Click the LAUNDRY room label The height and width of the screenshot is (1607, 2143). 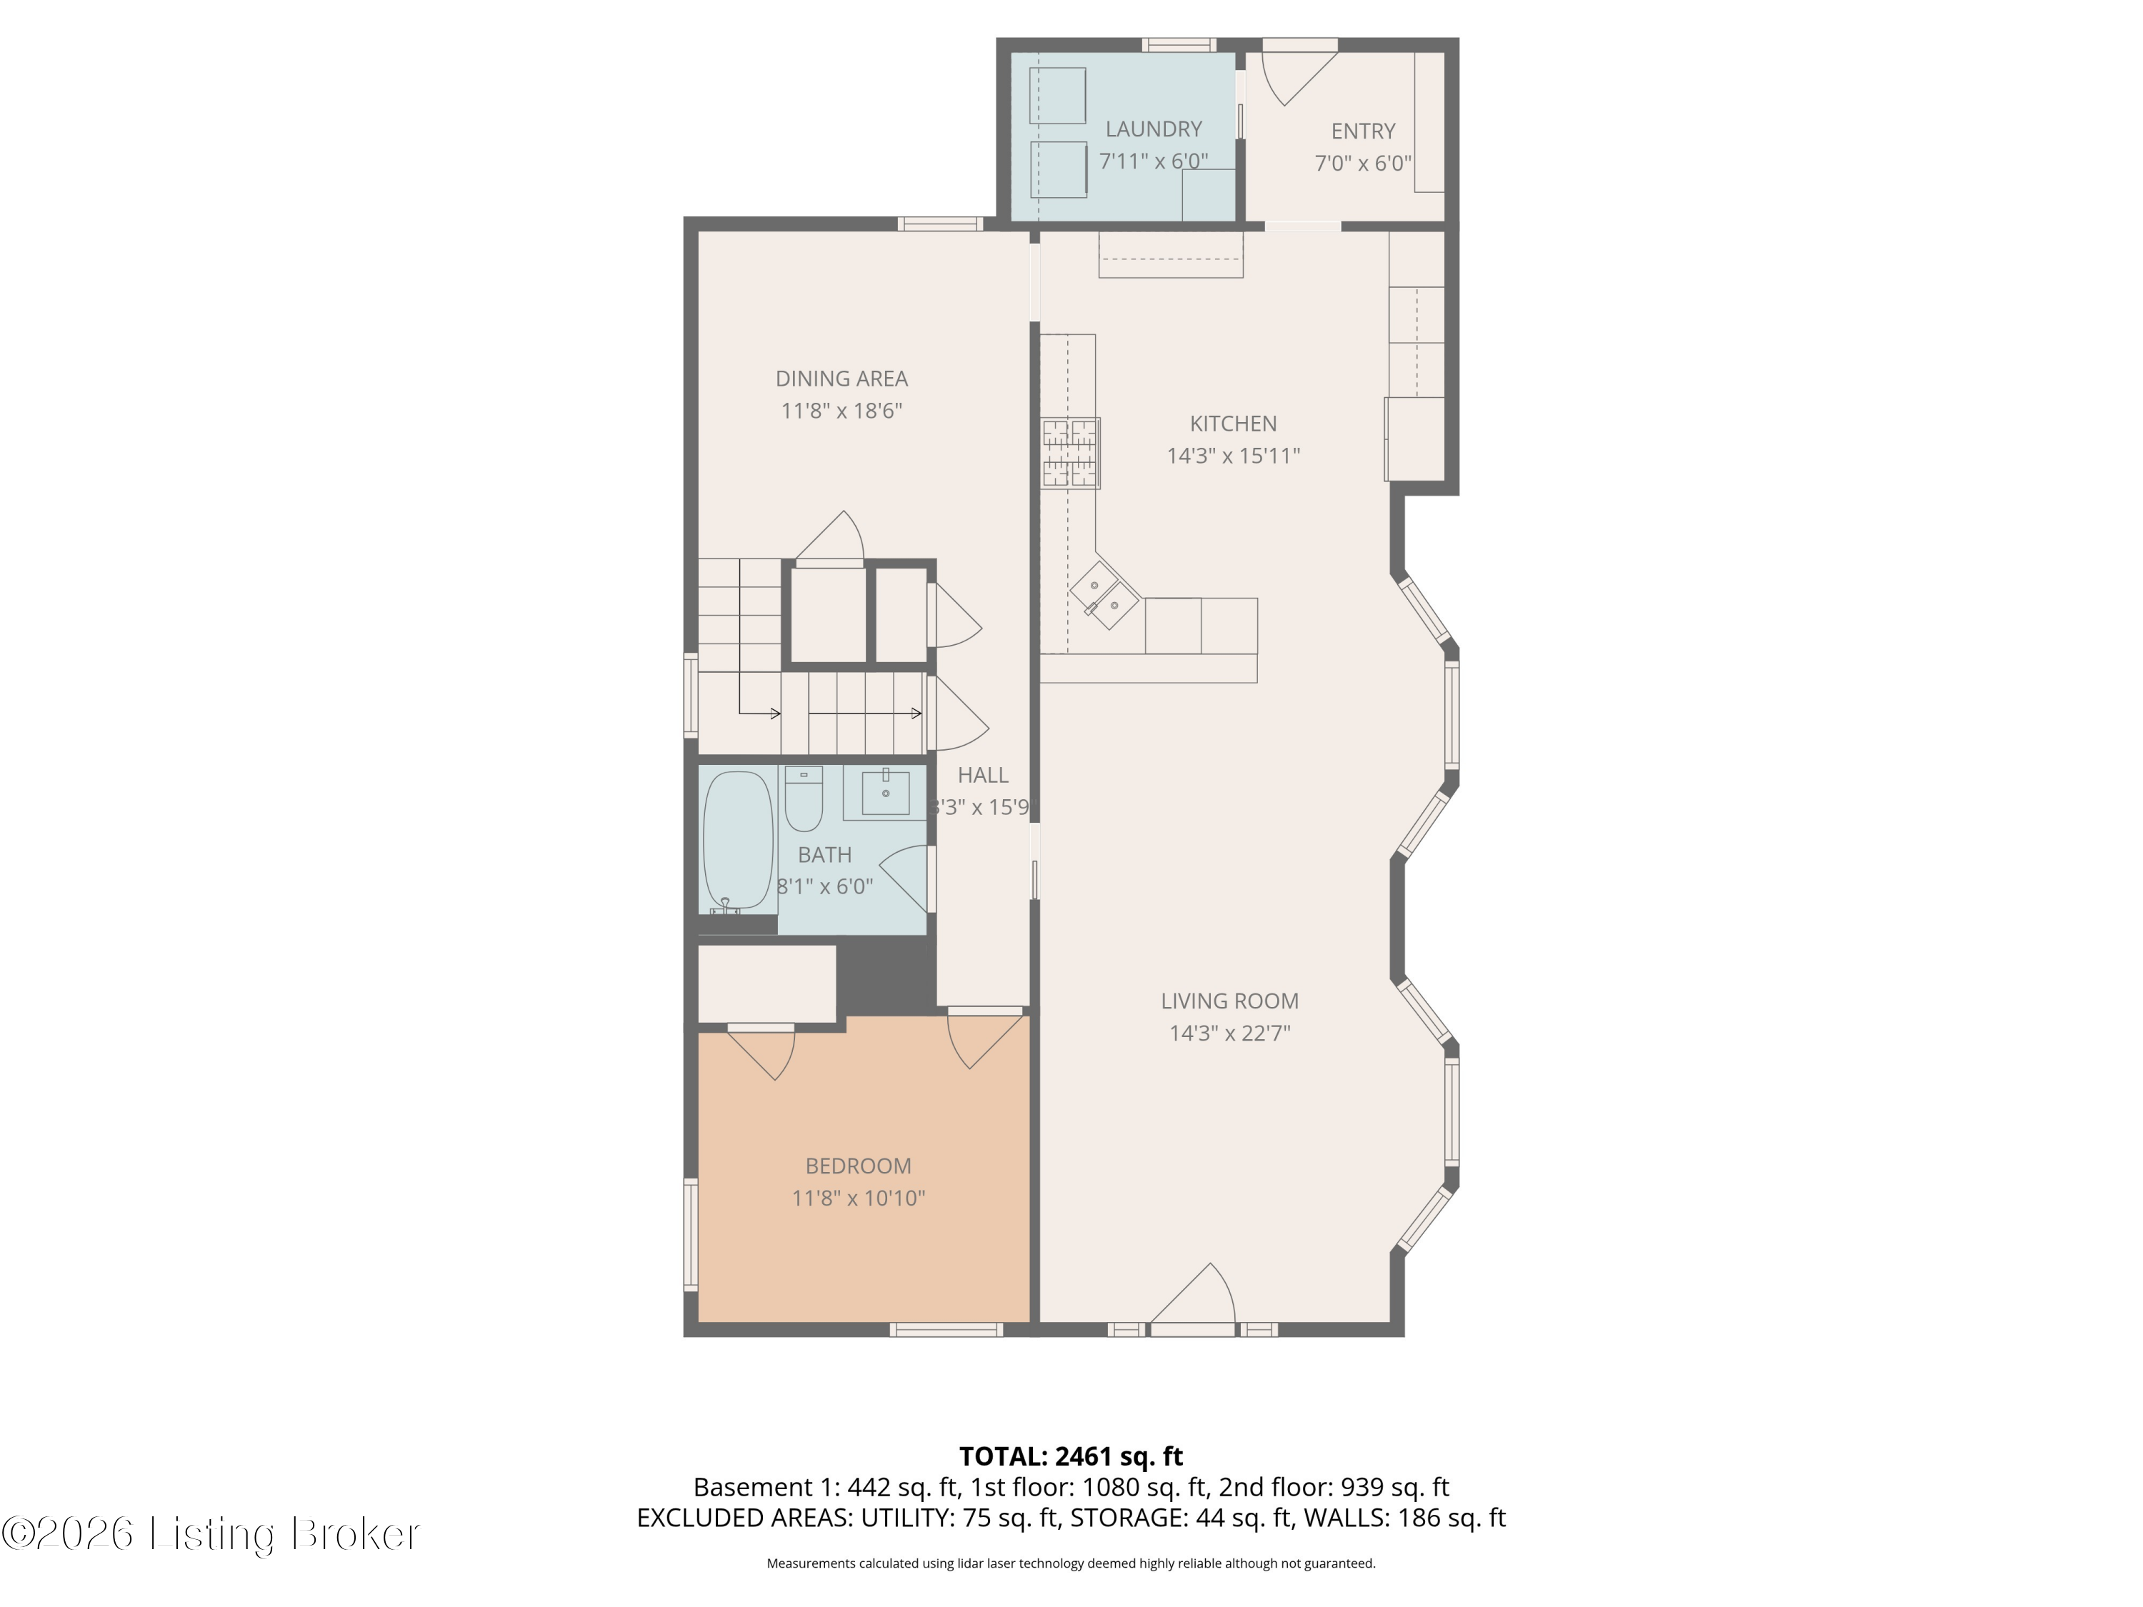1153,129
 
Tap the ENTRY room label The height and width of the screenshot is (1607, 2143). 1362,131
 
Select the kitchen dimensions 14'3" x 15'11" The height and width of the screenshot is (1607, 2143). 1232,455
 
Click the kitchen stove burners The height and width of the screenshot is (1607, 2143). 1071,452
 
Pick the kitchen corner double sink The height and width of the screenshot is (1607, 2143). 1104,595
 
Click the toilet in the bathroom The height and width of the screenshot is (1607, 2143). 803,799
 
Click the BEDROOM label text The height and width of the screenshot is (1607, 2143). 859,1166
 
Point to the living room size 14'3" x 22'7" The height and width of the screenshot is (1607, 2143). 1229,1033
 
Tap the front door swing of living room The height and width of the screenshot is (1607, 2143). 1193,1293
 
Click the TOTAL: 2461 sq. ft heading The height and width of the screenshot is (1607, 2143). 1071,1457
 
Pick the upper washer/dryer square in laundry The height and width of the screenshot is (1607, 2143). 1057,95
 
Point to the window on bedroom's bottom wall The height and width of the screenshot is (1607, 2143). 946,1330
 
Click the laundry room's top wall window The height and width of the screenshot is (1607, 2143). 1178,44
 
